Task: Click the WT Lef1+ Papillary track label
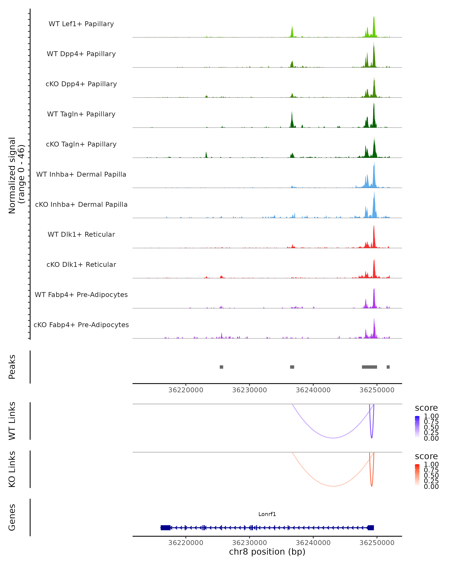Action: [81, 24]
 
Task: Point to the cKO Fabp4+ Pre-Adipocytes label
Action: [81, 325]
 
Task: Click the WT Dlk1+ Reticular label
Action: [81, 234]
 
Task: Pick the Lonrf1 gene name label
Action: [267, 514]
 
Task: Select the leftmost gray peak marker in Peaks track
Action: [221, 367]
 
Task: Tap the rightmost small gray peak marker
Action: [388, 367]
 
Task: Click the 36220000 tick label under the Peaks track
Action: [186, 390]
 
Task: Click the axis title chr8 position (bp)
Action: [267, 552]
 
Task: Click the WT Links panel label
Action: [12, 421]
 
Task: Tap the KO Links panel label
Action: [12, 469]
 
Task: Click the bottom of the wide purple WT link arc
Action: [333, 438]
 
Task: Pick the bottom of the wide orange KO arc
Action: [333, 486]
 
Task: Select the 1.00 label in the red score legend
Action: [431, 464]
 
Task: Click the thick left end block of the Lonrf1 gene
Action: [165, 528]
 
